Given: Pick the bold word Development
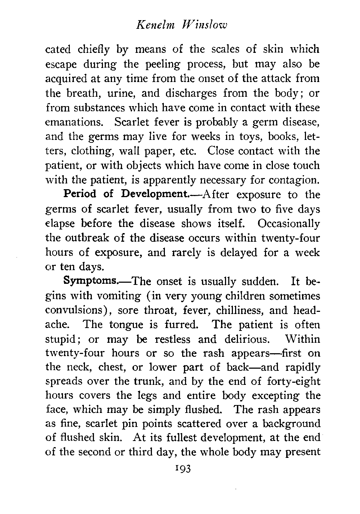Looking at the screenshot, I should coord(154,195).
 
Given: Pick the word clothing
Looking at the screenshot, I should coord(82,151).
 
